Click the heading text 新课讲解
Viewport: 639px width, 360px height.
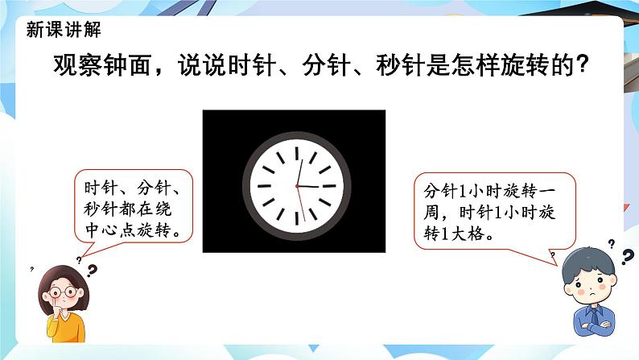(63, 30)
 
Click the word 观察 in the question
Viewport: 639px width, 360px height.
(78, 64)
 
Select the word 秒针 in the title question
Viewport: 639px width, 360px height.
(400, 64)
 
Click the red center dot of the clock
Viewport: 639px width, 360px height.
(297, 186)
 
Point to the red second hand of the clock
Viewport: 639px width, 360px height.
(301, 204)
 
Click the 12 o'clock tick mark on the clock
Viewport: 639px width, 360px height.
(297, 153)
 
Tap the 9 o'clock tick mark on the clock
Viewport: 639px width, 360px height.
(264, 186)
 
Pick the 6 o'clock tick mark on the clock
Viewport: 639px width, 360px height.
(297, 218)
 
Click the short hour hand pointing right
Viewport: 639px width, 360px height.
(308, 186)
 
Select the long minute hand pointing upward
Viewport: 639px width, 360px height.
(299, 173)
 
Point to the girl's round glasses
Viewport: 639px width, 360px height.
(63, 292)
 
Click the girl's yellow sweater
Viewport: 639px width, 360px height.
(66, 326)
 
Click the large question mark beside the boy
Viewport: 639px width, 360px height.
(628, 257)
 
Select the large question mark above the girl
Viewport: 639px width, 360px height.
(93, 271)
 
